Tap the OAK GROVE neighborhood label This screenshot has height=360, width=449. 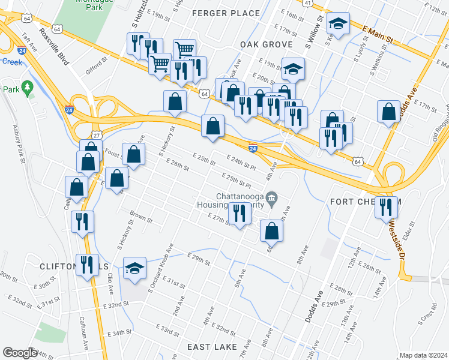click(x=266, y=44)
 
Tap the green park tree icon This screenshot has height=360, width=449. click(x=27, y=89)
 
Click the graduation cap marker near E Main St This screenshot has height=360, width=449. click(x=339, y=25)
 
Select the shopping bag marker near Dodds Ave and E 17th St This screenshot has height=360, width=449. click(x=389, y=112)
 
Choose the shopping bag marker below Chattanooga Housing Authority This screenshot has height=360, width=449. click(x=271, y=231)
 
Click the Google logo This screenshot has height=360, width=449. click(x=20, y=353)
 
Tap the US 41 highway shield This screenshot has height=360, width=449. click(x=307, y=3)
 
